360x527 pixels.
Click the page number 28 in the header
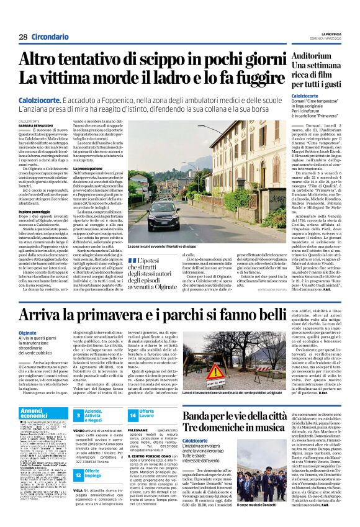point(23,37)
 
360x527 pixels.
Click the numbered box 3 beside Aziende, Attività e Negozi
point(79,413)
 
